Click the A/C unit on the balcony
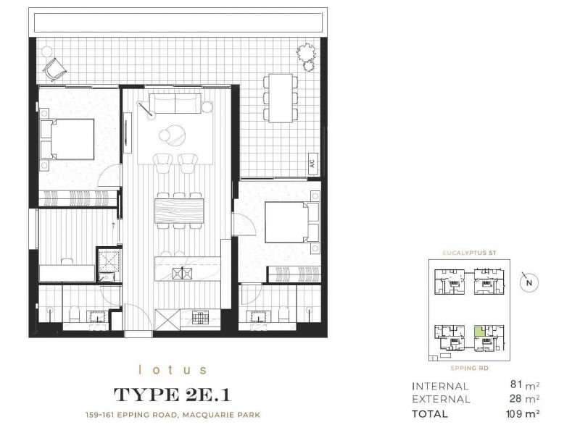pos(312,163)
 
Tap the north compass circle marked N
pos(529,283)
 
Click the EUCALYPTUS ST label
pos(469,253)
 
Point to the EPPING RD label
pos(469,368)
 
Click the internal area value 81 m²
pos(525,384)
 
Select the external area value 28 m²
pos(524,399)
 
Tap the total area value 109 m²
pos(523,413)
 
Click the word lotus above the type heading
pos(173,370)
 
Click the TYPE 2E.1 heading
pos(173,395)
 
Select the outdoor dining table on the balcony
pos(281,98)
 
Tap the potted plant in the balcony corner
pos(307,55)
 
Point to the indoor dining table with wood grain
pos(179,211)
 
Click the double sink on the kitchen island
pos(183,273)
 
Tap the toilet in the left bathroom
pos(75,314)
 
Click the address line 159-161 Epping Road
pos(173,415)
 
